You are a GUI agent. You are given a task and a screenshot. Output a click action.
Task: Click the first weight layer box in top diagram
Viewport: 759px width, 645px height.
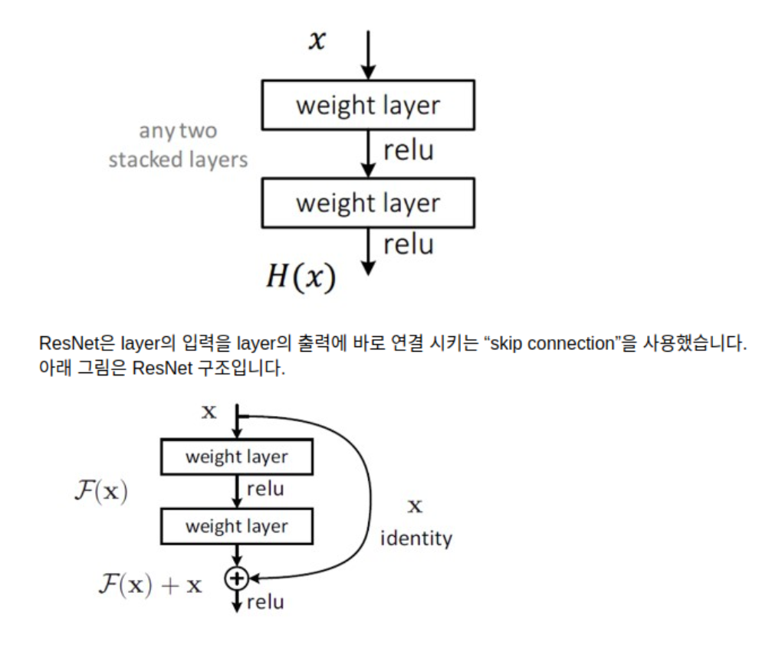pyautogui.click(x=368, y=105)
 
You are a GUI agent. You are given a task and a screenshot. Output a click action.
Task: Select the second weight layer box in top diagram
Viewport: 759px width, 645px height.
pyautogui.click(x=368, y=203)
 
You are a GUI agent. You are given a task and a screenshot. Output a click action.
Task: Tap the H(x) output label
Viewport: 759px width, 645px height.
pyautogui.click(x=301, y=277)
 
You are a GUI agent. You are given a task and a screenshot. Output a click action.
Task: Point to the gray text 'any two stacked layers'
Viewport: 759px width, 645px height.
pyautogui.click(x=178, y=146)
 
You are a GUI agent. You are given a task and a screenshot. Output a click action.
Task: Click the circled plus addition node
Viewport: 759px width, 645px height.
pyautogui.click(x=238, y=577)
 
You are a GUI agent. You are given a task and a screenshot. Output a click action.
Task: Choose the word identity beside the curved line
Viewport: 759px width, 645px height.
pyautogui.click(x=416, y=539)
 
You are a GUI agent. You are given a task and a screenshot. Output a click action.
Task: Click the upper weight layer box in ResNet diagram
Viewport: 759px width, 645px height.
pyautogui.click(x=236, y=457)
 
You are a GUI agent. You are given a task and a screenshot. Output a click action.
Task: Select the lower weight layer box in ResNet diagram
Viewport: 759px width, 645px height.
pyautogui.click(x=236, y=526)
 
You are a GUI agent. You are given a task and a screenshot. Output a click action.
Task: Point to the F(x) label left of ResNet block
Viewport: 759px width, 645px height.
pyautogui.click(x=100, y=491)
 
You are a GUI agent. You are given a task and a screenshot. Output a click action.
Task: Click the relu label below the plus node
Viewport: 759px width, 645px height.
pyautogui.click(x=265, y=602)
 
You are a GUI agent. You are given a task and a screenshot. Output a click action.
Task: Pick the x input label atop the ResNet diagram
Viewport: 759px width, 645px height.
pyautogui.click(x=209, y=412)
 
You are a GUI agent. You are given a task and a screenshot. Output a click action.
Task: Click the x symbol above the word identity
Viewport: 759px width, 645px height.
pyautogui.click(x=415, y=506)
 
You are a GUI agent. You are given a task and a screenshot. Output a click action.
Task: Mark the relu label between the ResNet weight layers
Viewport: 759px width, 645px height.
pyautogui.click(x=265, y=489)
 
